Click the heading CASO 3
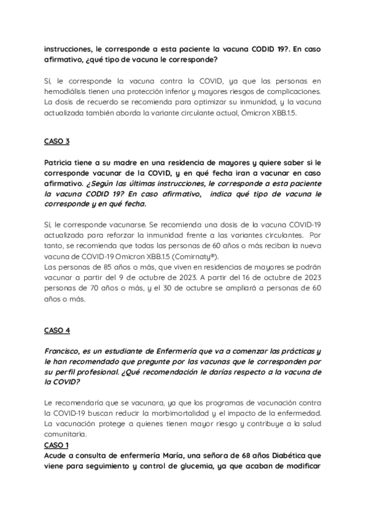click(x=57, y=141)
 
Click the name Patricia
click(x=60, y=163)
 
